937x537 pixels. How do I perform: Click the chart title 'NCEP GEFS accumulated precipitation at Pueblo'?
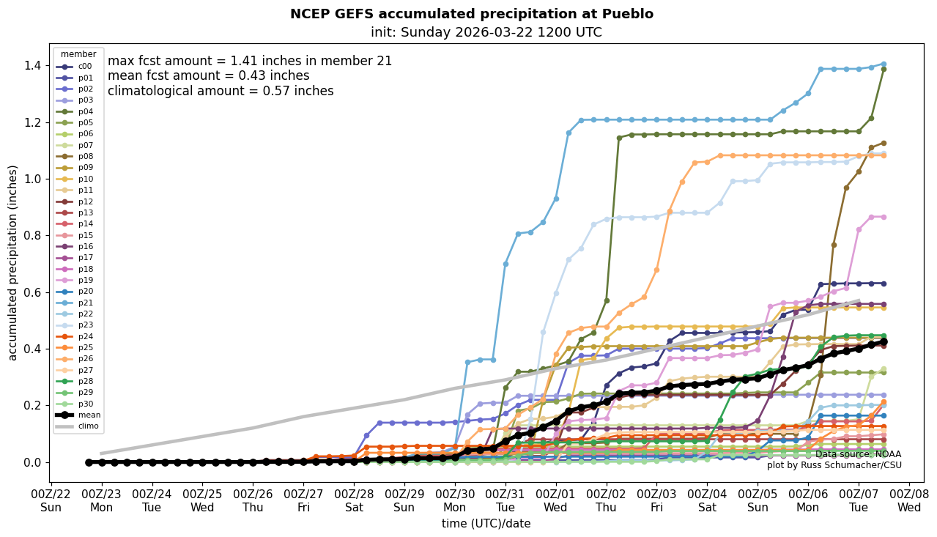click(x=471, y=14)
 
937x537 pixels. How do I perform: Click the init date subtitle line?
click(x=486, y=32)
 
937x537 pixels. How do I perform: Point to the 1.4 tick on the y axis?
click(x=32, y=65)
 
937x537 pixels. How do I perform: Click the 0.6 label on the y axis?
click(x=32, y=292)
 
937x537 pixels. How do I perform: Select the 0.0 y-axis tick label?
click(x=32, y=462)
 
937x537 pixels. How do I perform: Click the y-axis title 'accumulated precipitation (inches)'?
click(x=12, y=262)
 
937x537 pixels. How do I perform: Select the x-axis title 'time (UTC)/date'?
click(x=486, y=524)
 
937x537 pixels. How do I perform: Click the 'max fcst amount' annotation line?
click(x=250, y=62)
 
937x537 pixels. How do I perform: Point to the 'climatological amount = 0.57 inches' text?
click(x=221, y=92)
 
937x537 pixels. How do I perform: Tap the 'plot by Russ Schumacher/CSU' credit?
click(x=834, y=465)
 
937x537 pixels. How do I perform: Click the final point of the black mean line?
click(x=884, y=341)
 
